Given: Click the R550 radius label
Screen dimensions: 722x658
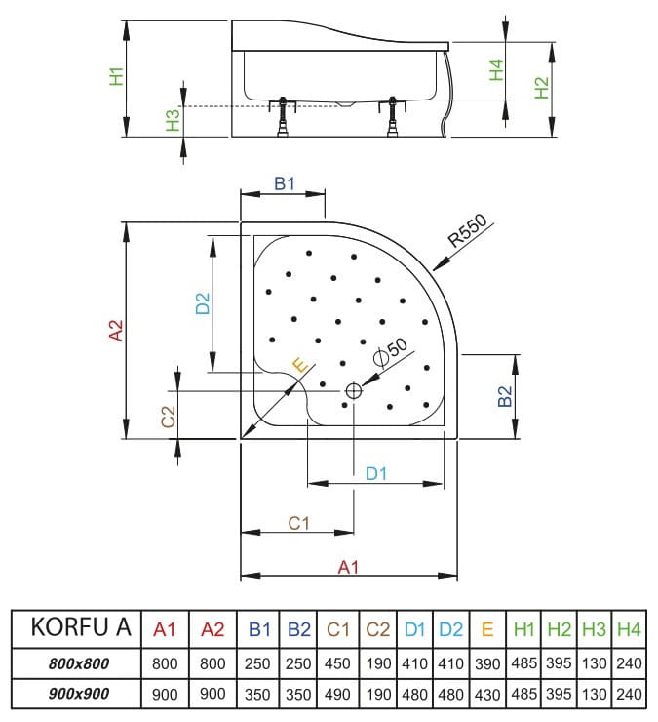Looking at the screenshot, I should point(467,233).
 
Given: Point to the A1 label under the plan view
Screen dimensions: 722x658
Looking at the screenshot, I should point(348,566).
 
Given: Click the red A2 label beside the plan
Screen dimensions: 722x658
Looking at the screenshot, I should point(116,331).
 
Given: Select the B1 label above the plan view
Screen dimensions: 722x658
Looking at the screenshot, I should point(284,183).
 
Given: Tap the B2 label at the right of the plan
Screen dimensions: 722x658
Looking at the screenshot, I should point(505,396).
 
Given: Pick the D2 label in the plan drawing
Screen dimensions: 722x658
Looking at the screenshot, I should point(202,303).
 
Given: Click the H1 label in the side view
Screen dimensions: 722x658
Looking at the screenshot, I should point(116,76).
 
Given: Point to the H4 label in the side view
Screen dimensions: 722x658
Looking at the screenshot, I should point(495,69).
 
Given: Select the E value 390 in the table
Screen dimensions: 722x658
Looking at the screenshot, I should point(486,663).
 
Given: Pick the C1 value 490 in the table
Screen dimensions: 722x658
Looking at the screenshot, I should point(337,695).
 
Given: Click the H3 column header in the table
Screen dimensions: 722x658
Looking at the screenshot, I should point(594,629).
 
